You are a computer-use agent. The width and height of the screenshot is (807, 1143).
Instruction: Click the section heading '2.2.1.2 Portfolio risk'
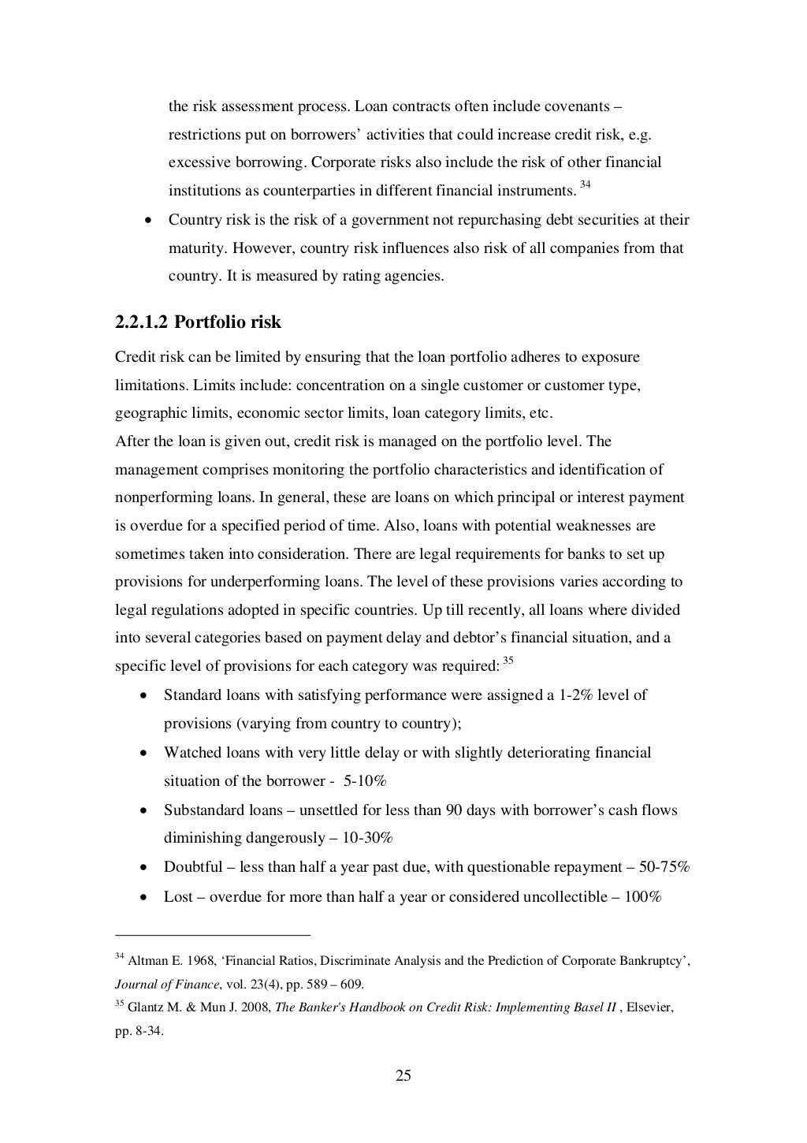click(x=198, y=322)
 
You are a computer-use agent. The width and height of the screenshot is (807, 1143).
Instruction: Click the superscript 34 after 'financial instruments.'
click(x=584, y=185)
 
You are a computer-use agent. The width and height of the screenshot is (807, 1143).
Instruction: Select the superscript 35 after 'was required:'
click(x=508, y=661)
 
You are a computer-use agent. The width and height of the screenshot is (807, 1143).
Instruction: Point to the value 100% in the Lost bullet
click(x=642, y=897)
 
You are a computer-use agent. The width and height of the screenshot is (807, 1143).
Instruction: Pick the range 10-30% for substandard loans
click(x=357, y=838)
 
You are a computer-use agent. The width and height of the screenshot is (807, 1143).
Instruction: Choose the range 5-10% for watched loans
click(x=365, y=781)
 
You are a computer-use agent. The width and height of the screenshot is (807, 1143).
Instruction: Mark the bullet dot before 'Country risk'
click(x=147, y=221)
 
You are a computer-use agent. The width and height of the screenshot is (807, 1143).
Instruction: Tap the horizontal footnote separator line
click(x=213, y=935)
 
